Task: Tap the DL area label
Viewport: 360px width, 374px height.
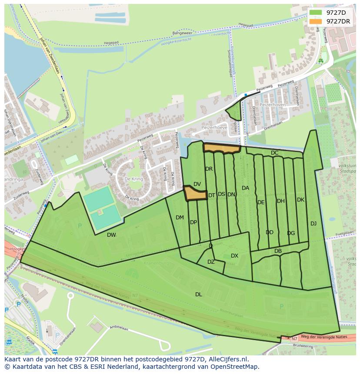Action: pos(198,294)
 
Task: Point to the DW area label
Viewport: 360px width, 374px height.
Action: pos(111,235)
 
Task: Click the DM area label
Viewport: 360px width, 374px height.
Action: pos(180,217)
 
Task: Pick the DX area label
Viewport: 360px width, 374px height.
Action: pos(234,255)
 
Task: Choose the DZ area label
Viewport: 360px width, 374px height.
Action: pos(211,262)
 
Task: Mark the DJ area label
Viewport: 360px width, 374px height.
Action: pos(313,223)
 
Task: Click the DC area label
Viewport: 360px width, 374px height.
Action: pos(274,153)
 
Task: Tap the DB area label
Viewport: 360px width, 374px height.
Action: pos(278,251)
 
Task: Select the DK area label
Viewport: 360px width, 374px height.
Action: pos(300,200)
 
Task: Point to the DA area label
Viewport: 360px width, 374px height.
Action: pos(245,188)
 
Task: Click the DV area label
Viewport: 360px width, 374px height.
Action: pos(197,184)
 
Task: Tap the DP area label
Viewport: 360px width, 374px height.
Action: pos(193,222)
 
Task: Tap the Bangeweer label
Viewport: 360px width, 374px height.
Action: pos(182,33)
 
